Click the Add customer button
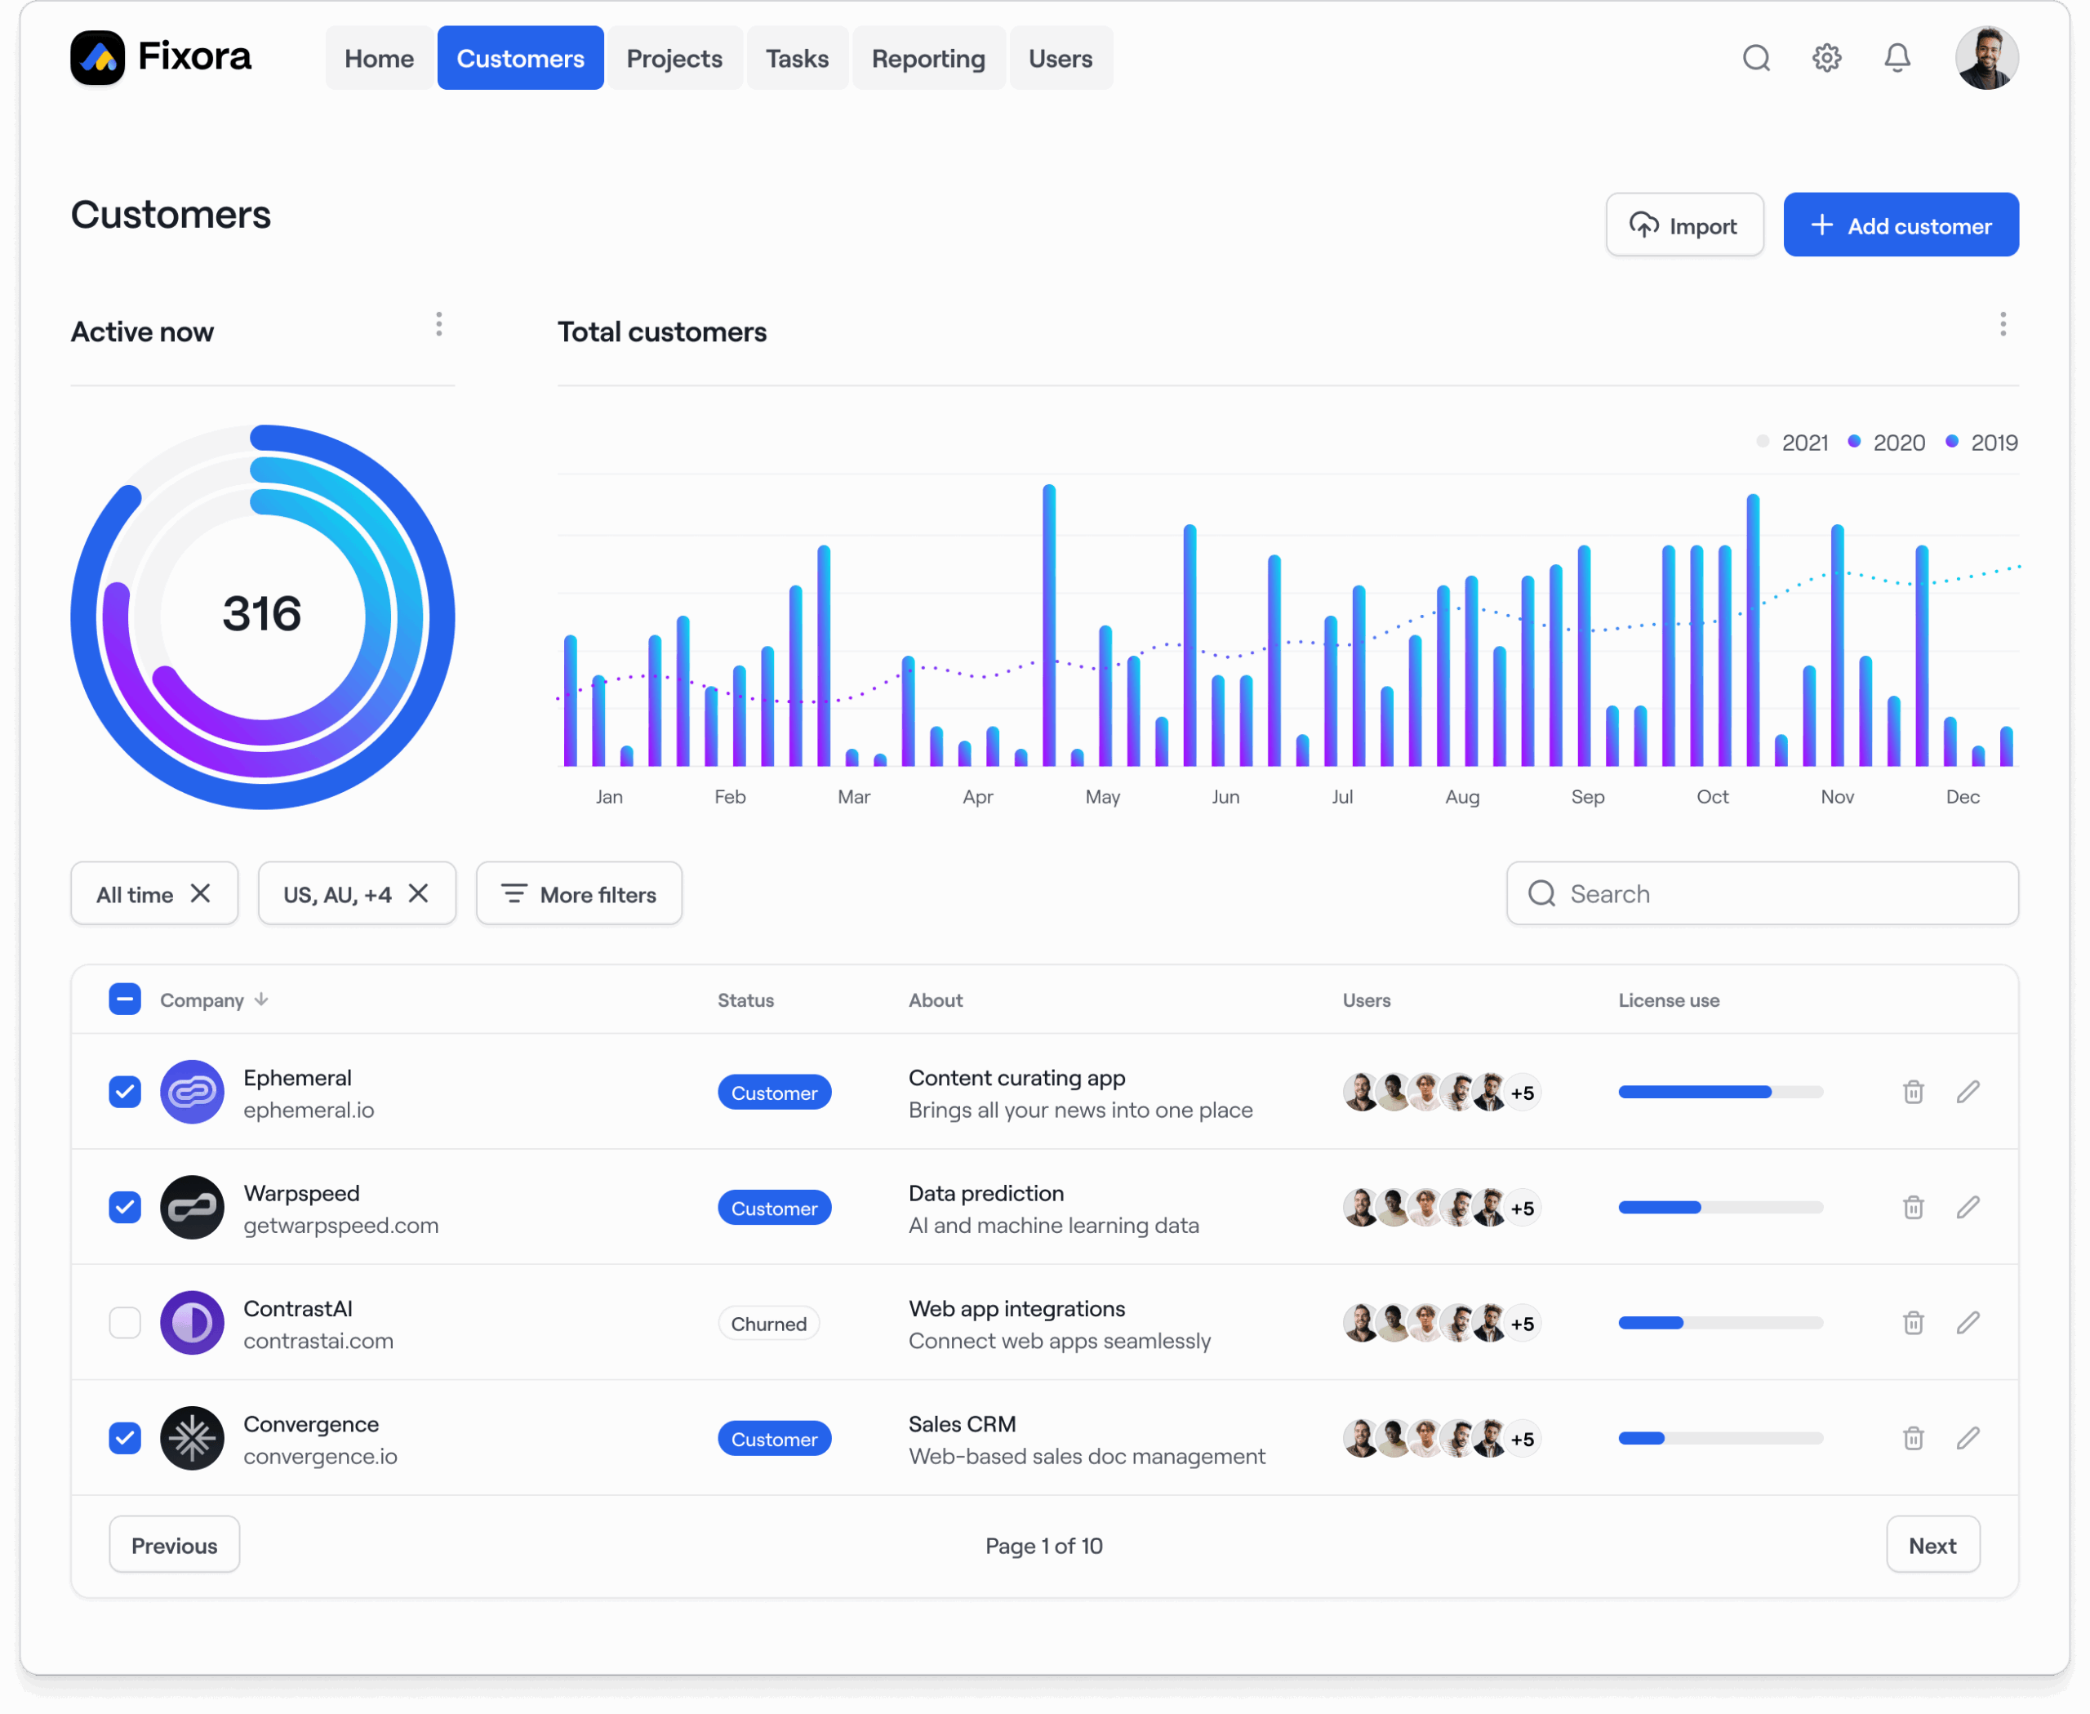point(1900,225)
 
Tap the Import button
point(1683,225)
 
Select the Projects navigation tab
point(674,58)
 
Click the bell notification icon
point(1896,58)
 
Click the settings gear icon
point(1825,58)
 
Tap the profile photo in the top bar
point(1985,58)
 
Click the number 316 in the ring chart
point(261,614)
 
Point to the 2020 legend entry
point(1888,443)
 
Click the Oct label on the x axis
point(1712,797)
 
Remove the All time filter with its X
point(200,893)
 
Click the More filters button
point(579,893)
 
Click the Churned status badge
point(768,1324)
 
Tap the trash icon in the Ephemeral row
point(1912,1092)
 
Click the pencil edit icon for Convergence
point(1967,1439)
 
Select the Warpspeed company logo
point(192,1208)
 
